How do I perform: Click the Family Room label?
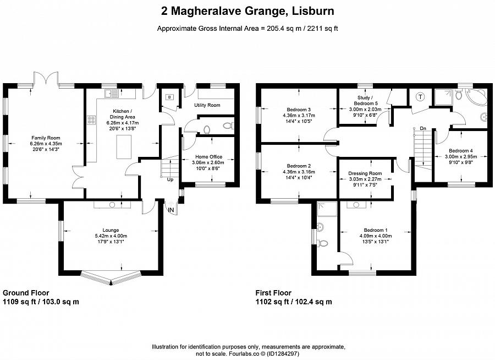tap(46, 138)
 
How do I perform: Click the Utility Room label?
tap(207, 105)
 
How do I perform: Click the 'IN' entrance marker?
tap(171, 210)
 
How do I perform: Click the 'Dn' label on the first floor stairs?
tap(422, 128)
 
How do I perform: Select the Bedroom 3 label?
tap(299, 110)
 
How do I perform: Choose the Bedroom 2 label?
tap(299, 166)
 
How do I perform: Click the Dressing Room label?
tap(365, 173)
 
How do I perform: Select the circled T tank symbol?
tap(421, 97)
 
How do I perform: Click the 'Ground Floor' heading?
tap(26, 293)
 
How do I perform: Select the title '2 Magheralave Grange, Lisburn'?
tap(248, 10)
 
